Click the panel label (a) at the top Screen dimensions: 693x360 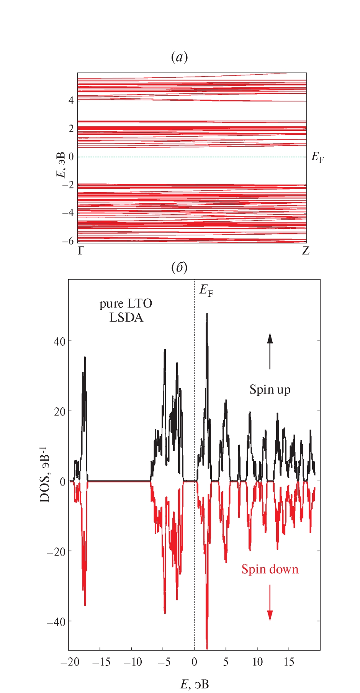pos(179,57)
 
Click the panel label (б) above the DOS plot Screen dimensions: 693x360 pos(179,268)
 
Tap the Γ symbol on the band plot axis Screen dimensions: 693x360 pos(81,251)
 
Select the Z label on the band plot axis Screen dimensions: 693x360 pos(306,251)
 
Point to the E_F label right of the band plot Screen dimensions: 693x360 pos(317,157)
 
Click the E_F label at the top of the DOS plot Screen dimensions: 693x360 pos(206,291)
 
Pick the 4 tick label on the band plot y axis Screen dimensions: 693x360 pos(71,100)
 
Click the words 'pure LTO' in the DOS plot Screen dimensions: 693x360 pos(126,304)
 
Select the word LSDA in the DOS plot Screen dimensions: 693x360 pos(126,318)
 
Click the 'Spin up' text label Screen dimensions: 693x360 pos(270,390)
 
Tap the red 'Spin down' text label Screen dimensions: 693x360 pos(270,569)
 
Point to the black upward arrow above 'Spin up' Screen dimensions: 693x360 pos(270,351)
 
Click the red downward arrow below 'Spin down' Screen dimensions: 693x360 pos(270,603)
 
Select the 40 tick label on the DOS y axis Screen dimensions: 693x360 pos(60,341)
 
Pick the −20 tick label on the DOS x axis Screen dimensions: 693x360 pos(69,662)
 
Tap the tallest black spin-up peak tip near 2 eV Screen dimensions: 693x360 pos(207,314)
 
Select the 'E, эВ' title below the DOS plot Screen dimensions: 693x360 pos(195,684)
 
